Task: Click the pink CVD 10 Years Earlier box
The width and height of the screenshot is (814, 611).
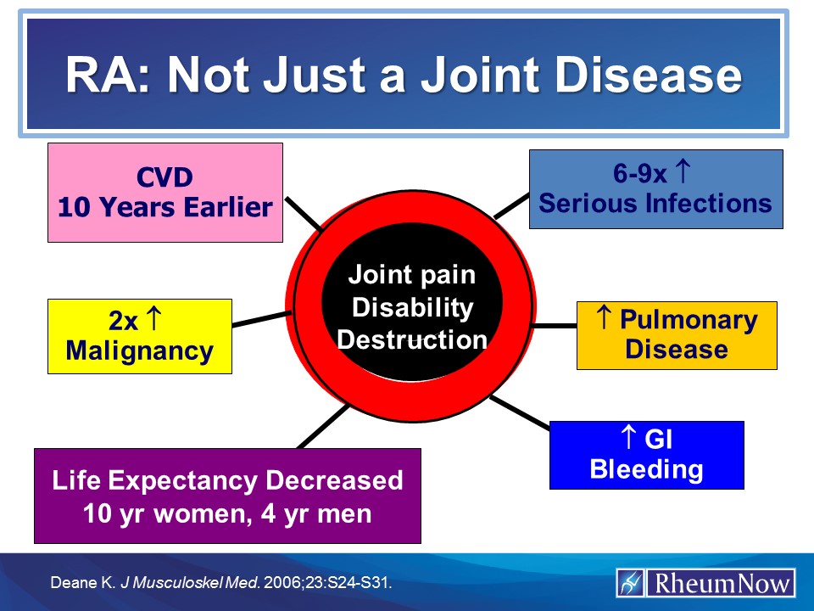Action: (x=164, y=193)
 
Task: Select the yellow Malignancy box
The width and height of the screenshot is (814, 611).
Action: (x=139, y=336)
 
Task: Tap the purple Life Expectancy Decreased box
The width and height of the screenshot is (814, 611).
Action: (x=227, y=496)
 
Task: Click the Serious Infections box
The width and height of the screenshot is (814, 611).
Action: (x=655, y=189)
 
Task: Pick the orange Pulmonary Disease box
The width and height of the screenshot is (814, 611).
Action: (x=677, y=334)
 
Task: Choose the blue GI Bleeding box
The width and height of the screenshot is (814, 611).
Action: (x=646, y=455)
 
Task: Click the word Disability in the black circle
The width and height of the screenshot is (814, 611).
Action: (x=412, y=307)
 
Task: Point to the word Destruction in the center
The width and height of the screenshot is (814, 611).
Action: (x=412, y=339)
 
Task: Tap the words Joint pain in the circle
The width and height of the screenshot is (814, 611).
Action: (x=412, y=275)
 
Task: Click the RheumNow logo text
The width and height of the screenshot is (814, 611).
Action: (x=719, y=584)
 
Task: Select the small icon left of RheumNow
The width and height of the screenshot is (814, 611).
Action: (x=630, y=584)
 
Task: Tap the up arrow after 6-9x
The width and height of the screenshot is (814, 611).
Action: (x=683, y=173)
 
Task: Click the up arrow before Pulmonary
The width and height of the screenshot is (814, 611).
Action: (x=605, y=319)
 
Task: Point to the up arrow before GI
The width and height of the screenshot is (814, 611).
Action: (x=628, y=439)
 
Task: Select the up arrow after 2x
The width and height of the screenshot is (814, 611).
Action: (x=155, y=321)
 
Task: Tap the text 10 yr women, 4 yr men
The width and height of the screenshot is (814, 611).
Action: (x=227, y=513)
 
